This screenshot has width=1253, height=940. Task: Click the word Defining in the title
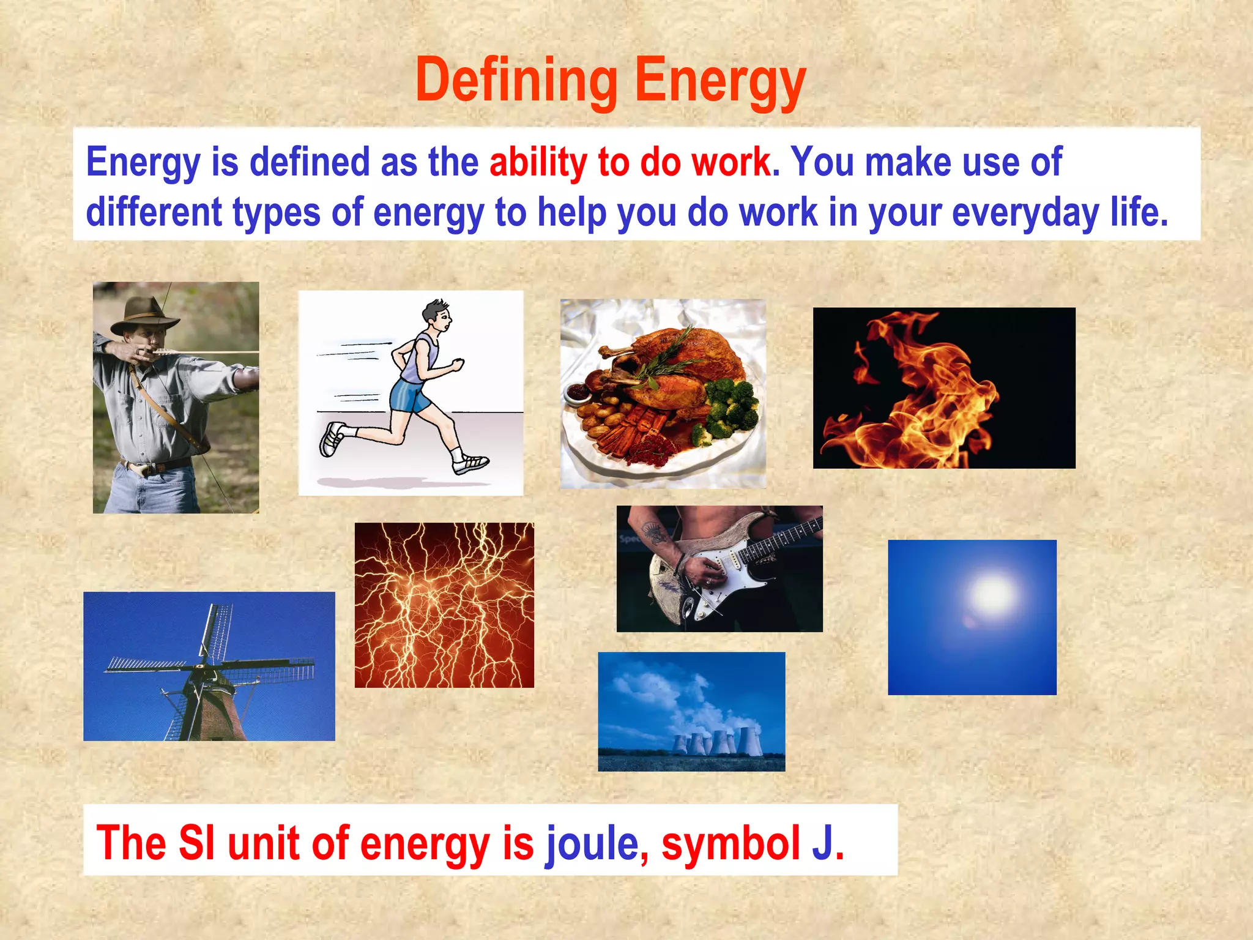[x=516, y=81]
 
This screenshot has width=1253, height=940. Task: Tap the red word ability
[x=538, y=163]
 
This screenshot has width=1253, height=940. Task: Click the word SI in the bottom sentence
[x=196, y=843]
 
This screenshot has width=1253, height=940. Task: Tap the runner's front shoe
[x=470, y=463]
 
